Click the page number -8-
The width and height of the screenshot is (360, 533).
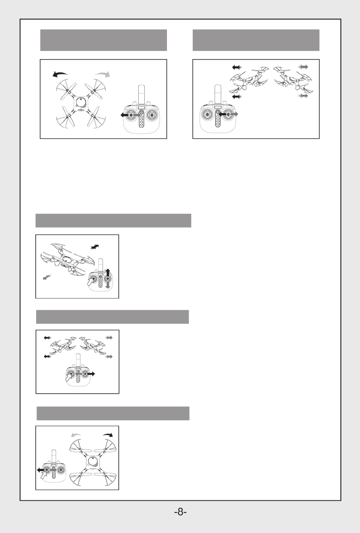[x=180, y=511]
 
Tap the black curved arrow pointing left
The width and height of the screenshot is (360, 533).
[x=60, y=74]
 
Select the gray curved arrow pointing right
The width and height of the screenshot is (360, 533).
[x=103, y=74]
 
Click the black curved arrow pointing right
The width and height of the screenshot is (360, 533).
[x=108, y=435]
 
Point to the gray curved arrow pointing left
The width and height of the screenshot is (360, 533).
[x=76, y=435]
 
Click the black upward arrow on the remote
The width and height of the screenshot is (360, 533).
[x=108, y=272]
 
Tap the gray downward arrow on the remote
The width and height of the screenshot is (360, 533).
[x=108, y=285]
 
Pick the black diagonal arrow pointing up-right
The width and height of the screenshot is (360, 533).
[x=95, y=247]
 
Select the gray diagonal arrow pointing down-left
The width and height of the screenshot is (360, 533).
[x=47, y=277]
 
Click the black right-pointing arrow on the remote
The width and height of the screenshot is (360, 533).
[x=91, y=374]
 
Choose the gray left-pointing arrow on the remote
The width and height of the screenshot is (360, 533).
[x=80, y=374]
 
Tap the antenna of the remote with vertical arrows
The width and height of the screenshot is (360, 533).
[x=100, y=265]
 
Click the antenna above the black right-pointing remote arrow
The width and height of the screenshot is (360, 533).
[x=78, y=361]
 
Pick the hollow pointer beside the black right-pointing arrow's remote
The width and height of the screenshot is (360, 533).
[x=69, y=376]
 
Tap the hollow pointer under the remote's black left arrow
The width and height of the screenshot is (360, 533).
[x=44, y=476]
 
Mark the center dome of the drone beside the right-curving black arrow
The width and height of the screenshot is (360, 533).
[x=93, y=461]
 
